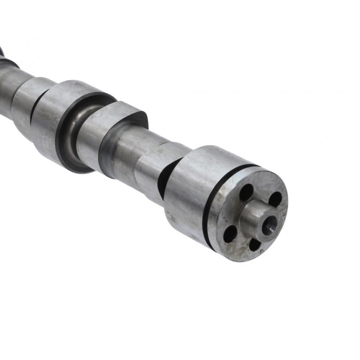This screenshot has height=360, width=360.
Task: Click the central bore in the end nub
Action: (x=270, y=225)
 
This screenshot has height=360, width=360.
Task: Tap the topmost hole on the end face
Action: (x=246, y=192)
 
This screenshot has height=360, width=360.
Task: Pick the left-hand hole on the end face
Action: (x=230, y=233)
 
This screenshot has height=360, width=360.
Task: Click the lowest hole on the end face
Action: (x=255, y=244)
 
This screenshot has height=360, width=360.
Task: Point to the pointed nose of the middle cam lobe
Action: (x=135, y=112)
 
